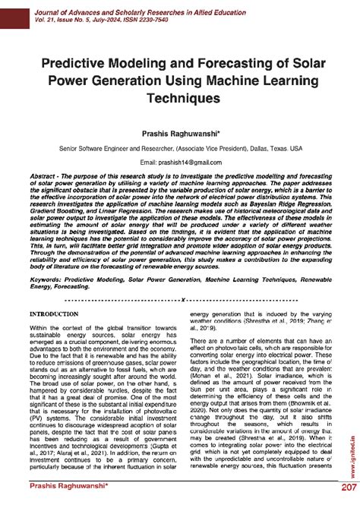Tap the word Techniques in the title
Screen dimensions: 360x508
click(x=180, y=98)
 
